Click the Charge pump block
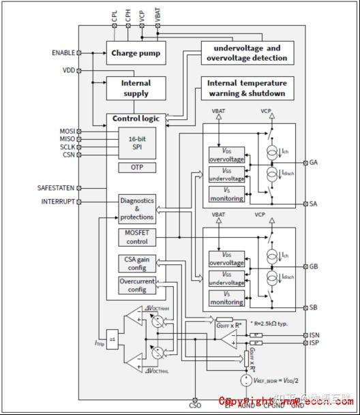[136, 52]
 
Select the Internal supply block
[136, 89]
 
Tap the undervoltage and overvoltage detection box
[247, 53]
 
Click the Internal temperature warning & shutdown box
[247, 88]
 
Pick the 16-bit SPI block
[137, 142]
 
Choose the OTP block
[137, 168]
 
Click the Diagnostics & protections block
[137, 209]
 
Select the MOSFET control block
[137, 237]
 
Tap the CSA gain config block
[137, 263]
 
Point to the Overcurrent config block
[137, 286]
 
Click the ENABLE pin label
[63, 52]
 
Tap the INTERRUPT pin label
[58, 202]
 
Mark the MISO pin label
[67, 139]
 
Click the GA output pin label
[313, 163]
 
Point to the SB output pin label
[313, 308]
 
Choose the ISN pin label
[314, 335]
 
